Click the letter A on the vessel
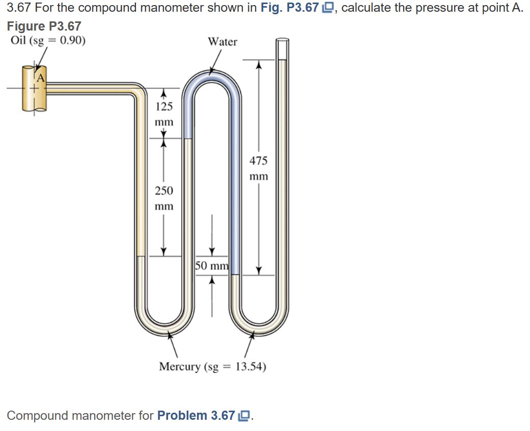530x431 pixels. pyautogui.click(x=40, y=78)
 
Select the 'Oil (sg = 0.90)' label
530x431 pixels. pyautogui.click(x=48, y=40)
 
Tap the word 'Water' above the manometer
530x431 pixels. pyautogui.click(x=222, y=42)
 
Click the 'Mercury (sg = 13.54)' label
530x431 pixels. pyautogui.click(x=212, y=367)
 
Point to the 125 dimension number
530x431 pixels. pyautogui.click(x=164, y=106)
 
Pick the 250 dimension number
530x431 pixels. pyautogui.click(x=164, y=191)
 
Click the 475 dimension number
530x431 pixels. pyautogui.click(x=258, y=161)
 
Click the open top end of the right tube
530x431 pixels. pyautogui.click(x=282, y=41)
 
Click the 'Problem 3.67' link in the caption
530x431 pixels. pyautogui.click(x=197, y=416)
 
